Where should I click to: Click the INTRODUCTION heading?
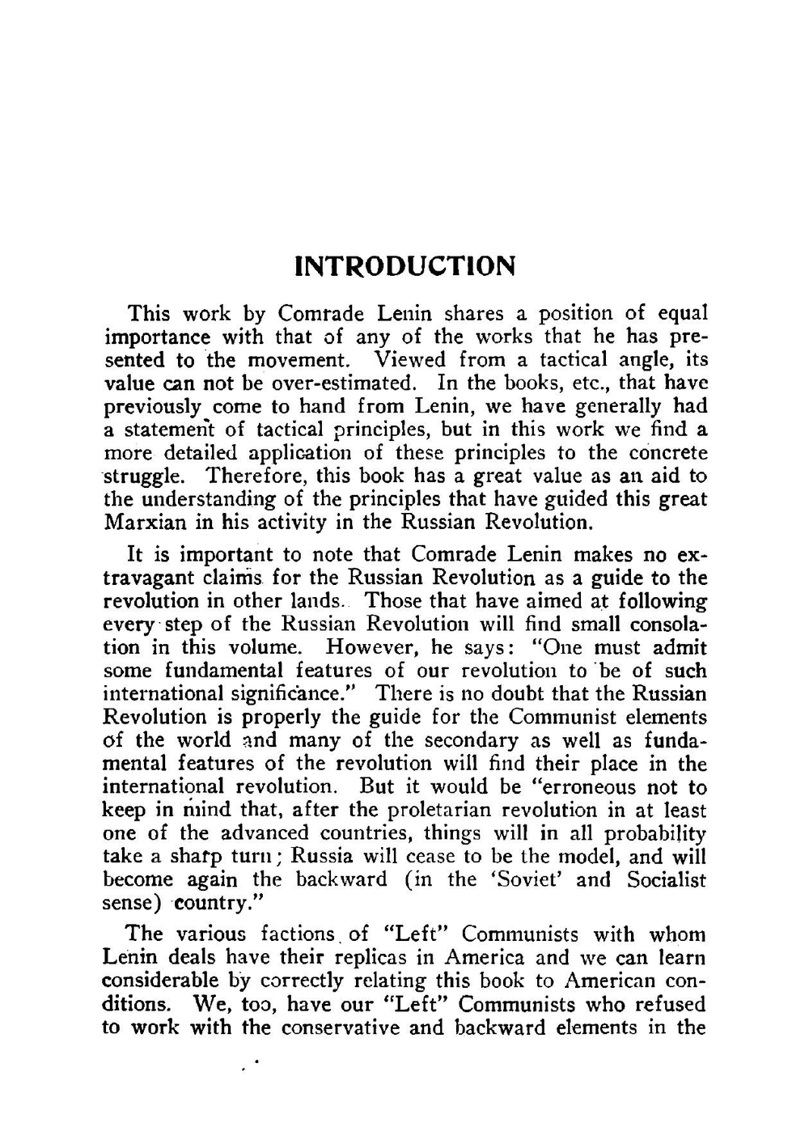click(404, 265)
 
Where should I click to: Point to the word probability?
click(655, 833)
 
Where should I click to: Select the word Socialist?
click(666, 880)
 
